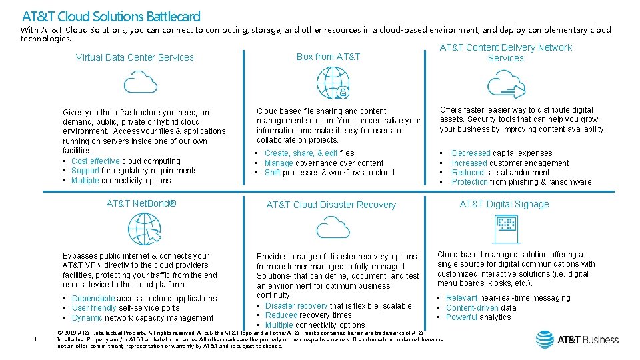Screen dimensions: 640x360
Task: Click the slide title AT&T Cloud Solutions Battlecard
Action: [111, 15]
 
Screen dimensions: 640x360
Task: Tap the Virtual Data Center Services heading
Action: [135, 57]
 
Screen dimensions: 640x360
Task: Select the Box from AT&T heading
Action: [328, 57]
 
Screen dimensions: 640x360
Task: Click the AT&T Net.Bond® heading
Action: [141, 203]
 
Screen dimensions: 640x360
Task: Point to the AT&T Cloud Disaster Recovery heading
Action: [331, 205]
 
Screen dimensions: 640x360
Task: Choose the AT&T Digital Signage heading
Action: [505, 204]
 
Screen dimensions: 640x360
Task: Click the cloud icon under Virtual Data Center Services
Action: [141, 82]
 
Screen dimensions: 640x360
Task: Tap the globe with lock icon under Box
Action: [333, 83]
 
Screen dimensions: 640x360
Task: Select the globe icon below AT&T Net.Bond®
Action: [144, 229]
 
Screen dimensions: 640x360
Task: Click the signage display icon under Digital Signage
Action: [504, 229]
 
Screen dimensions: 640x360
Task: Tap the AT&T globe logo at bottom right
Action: [544, 339]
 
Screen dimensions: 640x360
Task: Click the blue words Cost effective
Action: [95, 161]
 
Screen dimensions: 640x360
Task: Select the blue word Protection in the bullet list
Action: [470, 182]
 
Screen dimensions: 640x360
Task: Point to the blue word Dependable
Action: [93, 299]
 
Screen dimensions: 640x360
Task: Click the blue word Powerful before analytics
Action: [461, 317]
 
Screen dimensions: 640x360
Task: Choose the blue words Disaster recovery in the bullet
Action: [296, 306]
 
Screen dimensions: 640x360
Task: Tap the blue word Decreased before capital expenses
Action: [471, 153]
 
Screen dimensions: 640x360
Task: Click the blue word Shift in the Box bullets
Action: [272, 173]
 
